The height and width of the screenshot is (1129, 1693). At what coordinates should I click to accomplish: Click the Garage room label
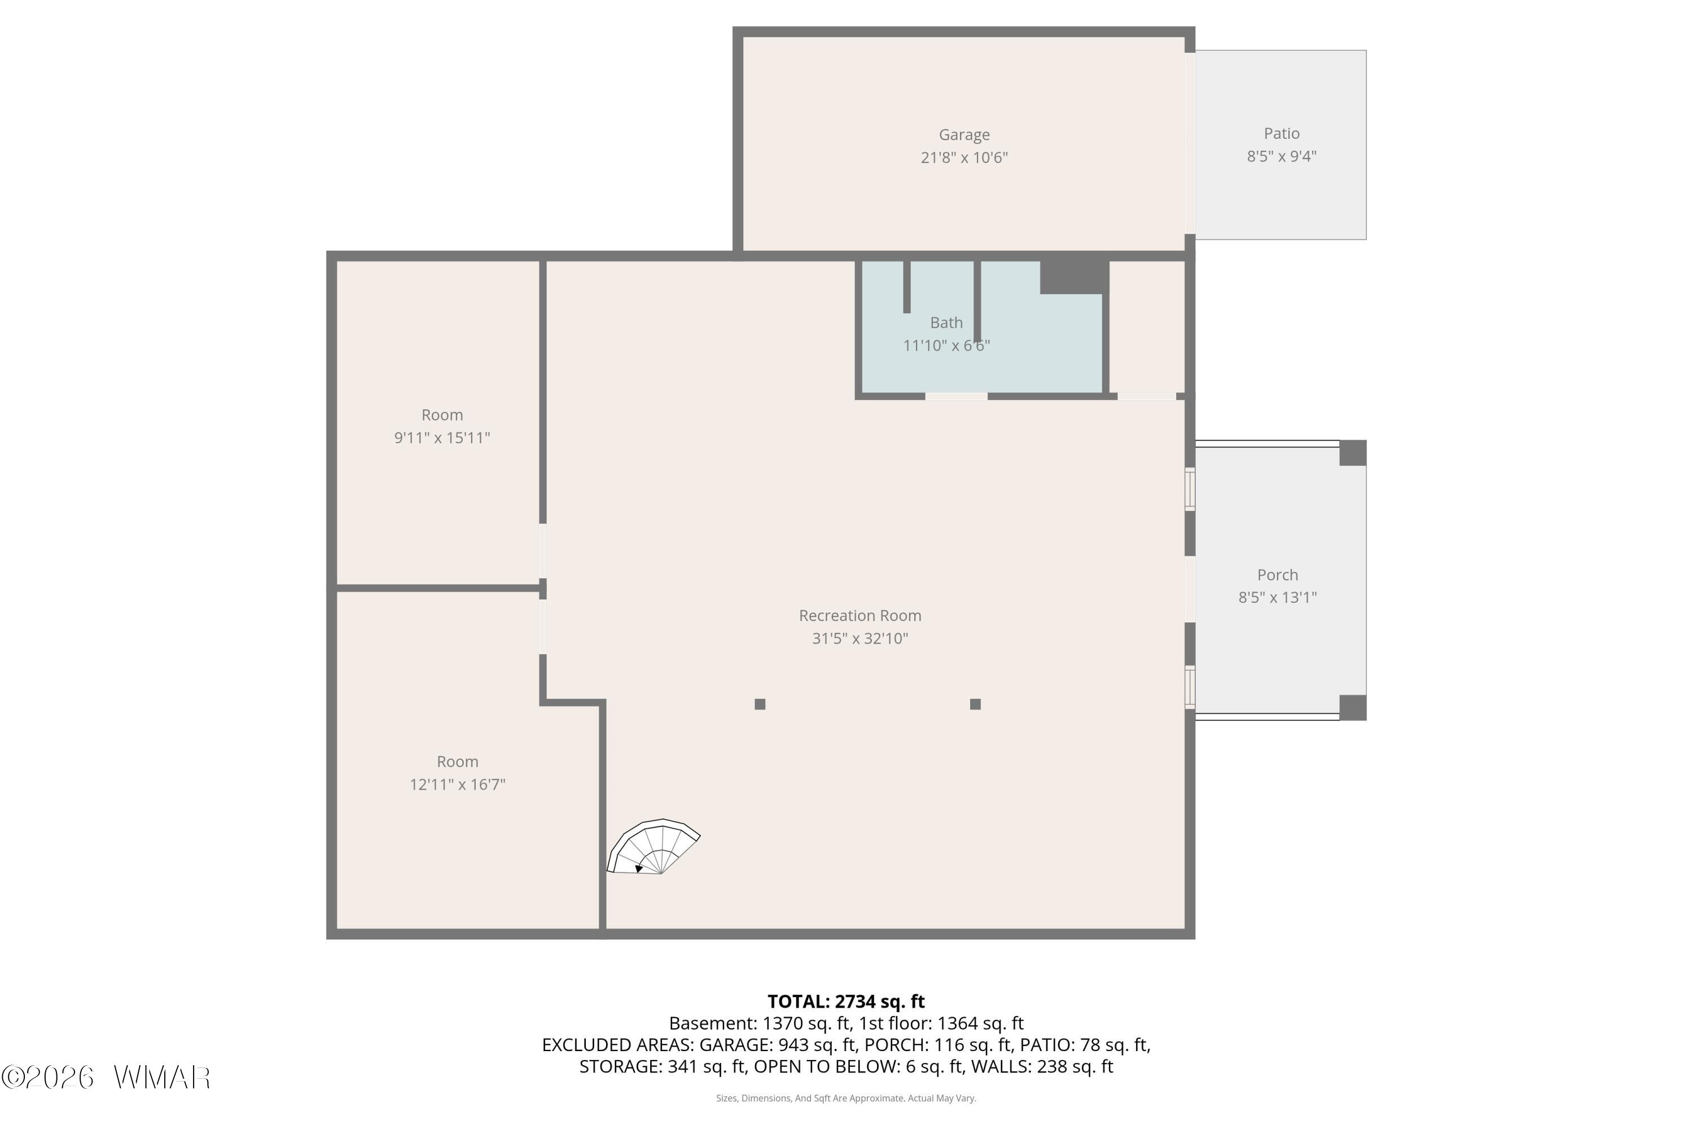[x=964, y=135]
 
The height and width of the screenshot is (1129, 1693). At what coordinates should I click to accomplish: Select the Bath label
[x=946, y=322]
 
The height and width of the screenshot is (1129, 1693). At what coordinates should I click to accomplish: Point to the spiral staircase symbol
[x=653, y=847]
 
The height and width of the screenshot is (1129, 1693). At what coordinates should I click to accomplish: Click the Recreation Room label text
[x=859, y=616]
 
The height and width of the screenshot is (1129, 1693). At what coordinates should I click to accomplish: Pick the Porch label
[x=1277, y=575]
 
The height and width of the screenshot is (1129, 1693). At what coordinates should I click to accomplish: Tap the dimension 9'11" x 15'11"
[x=442, y=438]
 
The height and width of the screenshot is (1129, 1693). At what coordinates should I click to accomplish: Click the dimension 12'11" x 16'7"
[x=457, y=784]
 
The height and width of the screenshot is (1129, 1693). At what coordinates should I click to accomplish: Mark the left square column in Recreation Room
[x=760, y=704]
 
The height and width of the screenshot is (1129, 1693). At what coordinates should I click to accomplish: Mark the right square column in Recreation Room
[x=975, y=704]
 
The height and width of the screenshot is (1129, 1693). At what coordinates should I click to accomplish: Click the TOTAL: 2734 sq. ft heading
[x=846, y=1001]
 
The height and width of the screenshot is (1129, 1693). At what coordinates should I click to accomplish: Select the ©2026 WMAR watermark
[x=106, y=1078]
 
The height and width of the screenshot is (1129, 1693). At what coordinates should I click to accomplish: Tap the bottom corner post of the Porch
[x=1353, y=708]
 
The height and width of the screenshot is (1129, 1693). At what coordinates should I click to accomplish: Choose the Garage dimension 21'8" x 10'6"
[x=964, y=157]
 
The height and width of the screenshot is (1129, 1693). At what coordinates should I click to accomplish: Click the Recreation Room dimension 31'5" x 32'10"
[x=859, y=638]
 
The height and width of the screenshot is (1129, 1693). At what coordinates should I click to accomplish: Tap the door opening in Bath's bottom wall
[x=956, y=396]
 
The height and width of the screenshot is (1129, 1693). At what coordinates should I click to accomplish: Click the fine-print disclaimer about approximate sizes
[x=846, y=1098]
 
